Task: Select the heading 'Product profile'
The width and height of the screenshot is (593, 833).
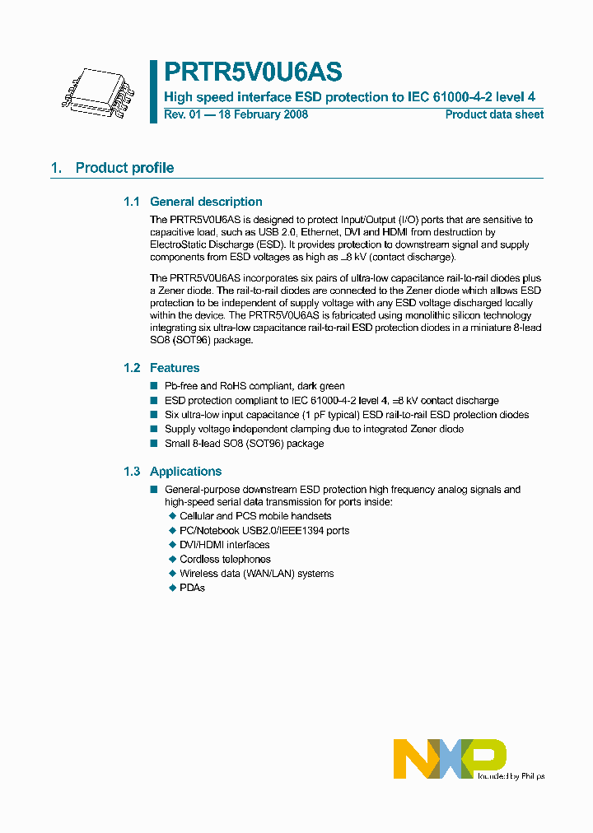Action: click(x=124, y=168)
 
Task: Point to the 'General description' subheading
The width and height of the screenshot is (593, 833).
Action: click(x=206, y=202)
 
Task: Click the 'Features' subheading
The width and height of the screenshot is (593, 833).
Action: click(x=175, y=368)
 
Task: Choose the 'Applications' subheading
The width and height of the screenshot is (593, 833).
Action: click(x=185, y=472)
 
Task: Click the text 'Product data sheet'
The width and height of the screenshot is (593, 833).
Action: click(x=494, y=114)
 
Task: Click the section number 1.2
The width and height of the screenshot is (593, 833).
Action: click(x=132, y=368)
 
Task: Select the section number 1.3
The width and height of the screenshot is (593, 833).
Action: click(x=132, y=472)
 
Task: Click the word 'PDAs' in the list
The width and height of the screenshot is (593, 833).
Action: click(x=192, y=588)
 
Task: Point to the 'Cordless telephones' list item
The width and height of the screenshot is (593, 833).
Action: click(x=225, y=559)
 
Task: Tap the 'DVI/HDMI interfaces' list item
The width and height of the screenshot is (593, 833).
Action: click(x=224, y=545)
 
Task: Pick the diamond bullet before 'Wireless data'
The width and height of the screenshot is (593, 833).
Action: click(x=172, y=574)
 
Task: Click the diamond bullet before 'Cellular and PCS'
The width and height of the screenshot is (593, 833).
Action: click(x=172, y=516)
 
